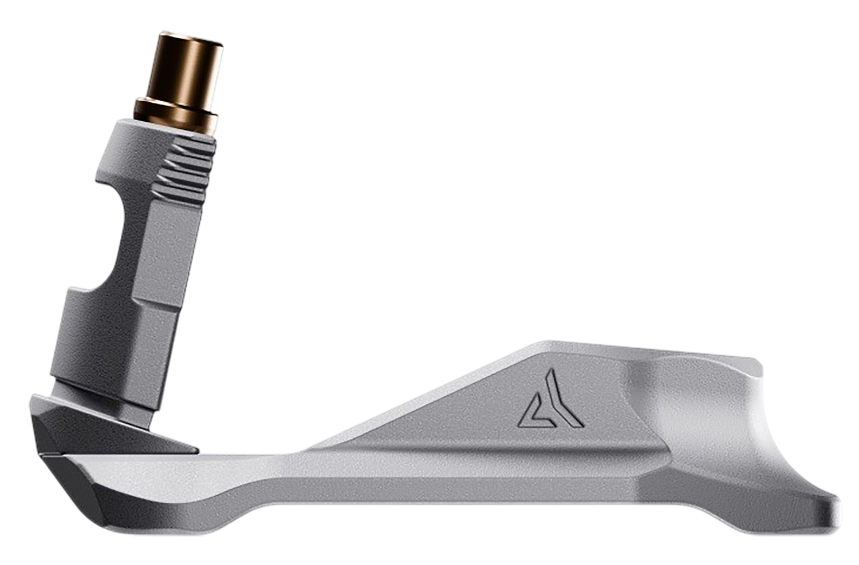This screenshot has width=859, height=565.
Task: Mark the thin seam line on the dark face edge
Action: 54,456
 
